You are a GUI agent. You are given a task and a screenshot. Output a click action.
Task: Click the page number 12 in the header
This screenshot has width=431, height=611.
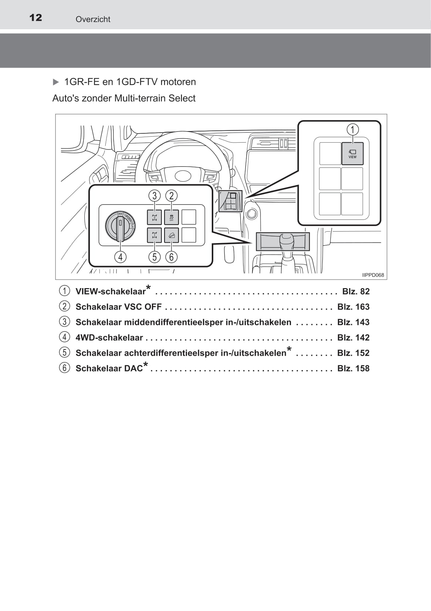point(35,18)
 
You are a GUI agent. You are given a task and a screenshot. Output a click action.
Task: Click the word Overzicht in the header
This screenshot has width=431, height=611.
point(93,19)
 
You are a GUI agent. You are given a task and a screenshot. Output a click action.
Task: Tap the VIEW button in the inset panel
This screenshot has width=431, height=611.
point(352,153)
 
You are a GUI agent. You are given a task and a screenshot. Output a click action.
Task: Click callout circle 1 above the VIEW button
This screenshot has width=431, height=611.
point(352,130)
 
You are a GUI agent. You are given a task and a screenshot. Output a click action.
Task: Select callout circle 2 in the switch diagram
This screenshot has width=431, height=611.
point(171,195)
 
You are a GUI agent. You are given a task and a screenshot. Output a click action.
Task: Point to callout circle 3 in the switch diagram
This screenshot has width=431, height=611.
point(155,195)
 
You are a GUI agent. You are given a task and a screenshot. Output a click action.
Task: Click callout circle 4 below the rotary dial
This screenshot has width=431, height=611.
point(120,257)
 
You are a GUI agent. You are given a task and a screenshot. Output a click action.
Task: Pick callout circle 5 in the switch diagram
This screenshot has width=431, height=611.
point(155,257)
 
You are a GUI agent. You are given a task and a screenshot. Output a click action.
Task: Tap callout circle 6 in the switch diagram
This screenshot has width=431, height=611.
point(171,257)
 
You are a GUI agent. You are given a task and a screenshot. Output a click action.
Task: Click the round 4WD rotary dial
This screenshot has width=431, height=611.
point(120,226)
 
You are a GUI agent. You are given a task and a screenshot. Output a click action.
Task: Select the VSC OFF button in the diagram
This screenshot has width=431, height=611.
point(171,217)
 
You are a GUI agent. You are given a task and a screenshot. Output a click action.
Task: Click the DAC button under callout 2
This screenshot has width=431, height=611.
point(171,235)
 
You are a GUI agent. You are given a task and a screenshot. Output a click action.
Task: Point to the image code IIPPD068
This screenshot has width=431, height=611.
point(373,275)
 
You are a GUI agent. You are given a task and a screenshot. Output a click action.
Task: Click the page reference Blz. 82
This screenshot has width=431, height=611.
point(356,291)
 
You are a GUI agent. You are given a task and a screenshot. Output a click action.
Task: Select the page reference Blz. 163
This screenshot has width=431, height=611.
point(353,307)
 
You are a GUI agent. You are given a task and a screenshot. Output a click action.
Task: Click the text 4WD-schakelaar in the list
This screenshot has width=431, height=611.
point(109,338)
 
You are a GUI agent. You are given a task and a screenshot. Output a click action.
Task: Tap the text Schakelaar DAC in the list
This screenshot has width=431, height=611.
point(109,368)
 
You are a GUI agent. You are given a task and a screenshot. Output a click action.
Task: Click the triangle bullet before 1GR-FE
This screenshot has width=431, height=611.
point(56,82)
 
